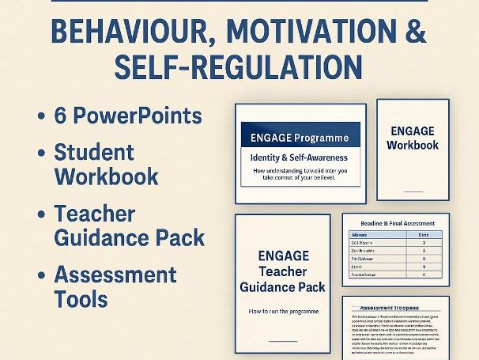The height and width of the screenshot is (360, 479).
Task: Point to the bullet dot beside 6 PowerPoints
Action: pos(40,116)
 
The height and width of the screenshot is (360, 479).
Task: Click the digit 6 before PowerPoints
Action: pos(60,116)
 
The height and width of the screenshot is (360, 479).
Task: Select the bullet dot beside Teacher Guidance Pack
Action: pos(40,214)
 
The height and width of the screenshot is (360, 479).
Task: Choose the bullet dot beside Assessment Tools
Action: pos(40,275)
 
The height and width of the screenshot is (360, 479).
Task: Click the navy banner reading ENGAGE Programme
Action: pos(300,137)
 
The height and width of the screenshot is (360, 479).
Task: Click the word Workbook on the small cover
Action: pos(412,145)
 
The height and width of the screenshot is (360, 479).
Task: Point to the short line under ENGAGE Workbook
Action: pos(412,190)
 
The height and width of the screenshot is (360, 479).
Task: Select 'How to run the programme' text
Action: pos(282,312)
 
